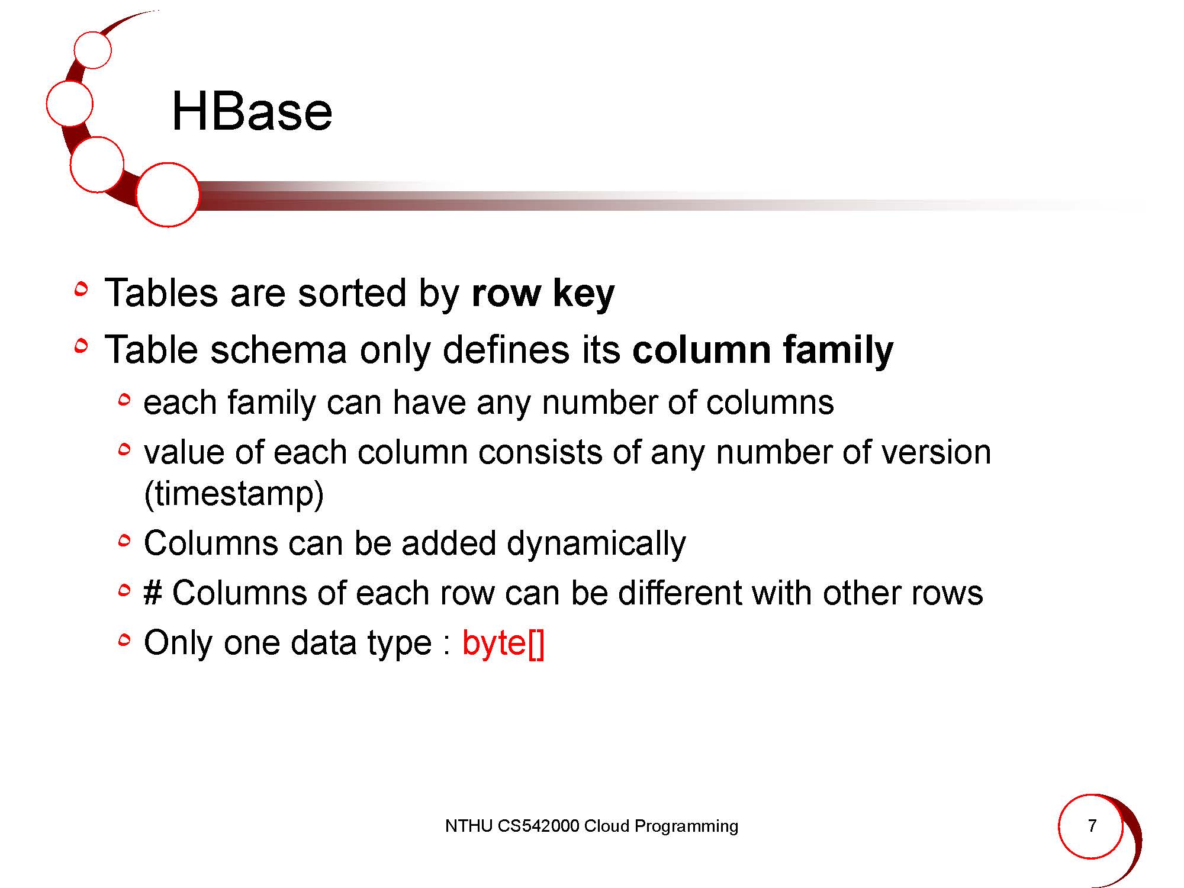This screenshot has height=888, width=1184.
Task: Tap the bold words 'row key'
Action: [x=543, y=294]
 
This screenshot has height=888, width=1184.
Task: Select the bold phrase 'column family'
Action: [x=762, y=350]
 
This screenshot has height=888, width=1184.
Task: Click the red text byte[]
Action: [x=503, y=643]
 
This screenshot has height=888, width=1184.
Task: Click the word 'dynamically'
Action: [x=596, y=544]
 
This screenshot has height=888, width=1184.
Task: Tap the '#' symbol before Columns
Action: [x=153, y=593]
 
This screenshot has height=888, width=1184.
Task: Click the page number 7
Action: [x=1092, y=825]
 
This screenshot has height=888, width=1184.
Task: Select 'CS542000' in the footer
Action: [x=538, y=826]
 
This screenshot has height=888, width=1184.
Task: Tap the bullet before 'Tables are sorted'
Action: [x=82, y=289]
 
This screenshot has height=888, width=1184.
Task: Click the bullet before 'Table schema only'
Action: [x=82, y=346]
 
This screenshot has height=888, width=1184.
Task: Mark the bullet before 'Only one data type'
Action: [x=124, y=639]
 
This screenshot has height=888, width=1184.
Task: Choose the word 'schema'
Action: [x=278, y=350]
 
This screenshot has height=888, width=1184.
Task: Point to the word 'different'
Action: [x=680, y=593]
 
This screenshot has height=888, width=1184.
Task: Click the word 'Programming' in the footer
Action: [x=686, y=826]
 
